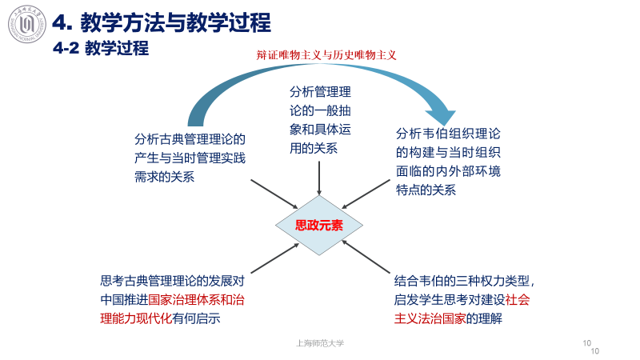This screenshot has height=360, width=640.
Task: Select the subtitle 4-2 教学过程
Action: point(101,50)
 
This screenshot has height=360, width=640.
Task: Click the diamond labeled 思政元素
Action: point(319,226)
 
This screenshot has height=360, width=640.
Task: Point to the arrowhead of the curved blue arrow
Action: point(441,114)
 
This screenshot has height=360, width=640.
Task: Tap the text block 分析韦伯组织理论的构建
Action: point(449,162)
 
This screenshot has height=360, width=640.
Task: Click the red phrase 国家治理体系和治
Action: point(196,300)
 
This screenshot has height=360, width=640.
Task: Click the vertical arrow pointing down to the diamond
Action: point(320,176)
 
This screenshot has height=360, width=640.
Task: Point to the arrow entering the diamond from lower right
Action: point(369,258)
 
